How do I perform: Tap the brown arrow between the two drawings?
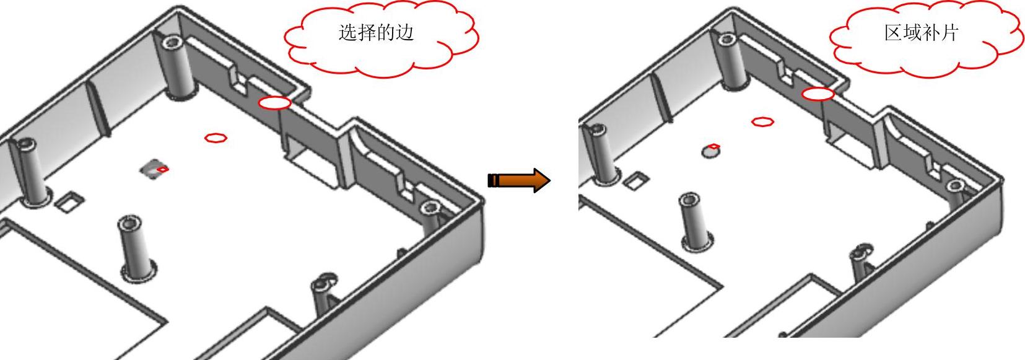pos(519,180)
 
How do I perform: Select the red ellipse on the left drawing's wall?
pos(274,103)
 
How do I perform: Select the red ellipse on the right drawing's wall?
pos(818,94)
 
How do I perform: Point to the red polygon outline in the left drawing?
pos(216,138)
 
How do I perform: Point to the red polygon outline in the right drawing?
pos(762,121)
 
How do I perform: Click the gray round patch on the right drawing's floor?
pos(710,151)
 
